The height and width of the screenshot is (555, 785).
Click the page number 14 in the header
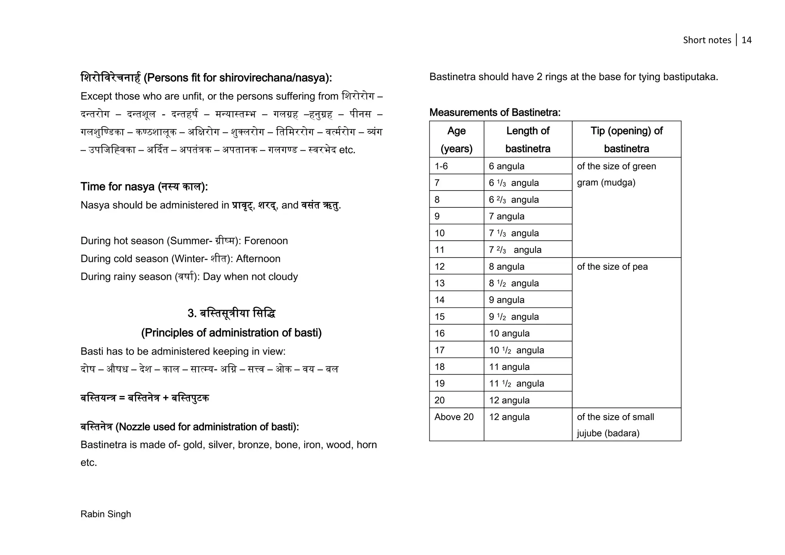pos(746,40)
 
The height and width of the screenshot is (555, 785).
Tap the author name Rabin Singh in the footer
pos(106,514)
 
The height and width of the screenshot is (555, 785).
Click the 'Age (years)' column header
pos(456,139)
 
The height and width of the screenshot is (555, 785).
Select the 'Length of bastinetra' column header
pos(527,139)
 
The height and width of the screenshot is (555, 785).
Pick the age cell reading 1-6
pos(441,166)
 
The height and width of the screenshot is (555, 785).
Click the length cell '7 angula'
pos(506,216)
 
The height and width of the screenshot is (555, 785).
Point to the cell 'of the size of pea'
pos(612,266)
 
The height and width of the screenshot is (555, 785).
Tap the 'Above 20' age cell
pos(454,417)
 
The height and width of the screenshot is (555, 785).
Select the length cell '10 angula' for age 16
pos(509,333)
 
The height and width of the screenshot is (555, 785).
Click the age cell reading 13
pos(440,283)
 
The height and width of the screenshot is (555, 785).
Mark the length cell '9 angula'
pos(506,300)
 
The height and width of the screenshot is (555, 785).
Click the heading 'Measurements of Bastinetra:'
pos(494,112)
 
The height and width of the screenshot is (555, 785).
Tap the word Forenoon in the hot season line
pos(266,241)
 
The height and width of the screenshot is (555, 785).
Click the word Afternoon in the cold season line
pos(258,259)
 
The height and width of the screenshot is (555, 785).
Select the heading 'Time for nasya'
pos(144,187)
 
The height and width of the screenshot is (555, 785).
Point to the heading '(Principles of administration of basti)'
pos(231,332)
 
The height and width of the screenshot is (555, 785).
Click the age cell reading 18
pos(440,367)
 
